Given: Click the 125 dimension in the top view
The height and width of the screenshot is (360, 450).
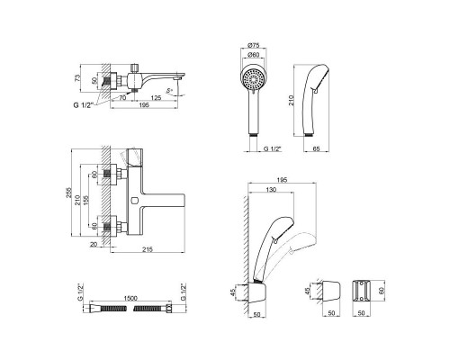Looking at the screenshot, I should point(158,97).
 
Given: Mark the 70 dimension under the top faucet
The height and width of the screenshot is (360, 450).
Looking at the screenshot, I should point(122,97).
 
